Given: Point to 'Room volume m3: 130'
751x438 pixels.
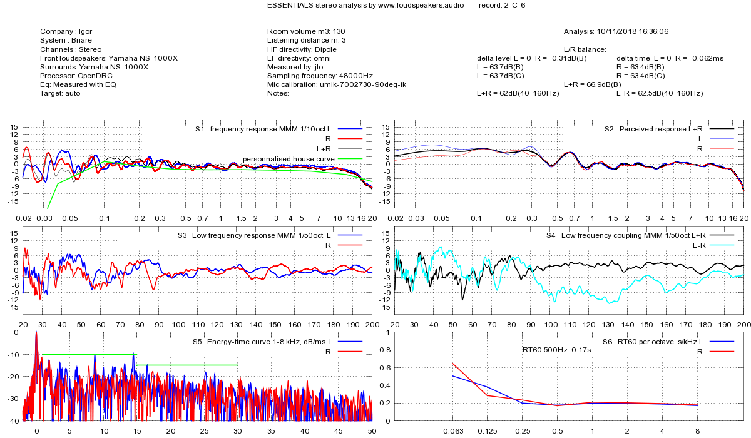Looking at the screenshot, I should point(306,31).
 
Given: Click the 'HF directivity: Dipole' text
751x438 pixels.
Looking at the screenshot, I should point(302,49).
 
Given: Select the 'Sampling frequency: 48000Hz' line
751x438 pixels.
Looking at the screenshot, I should point(320,75).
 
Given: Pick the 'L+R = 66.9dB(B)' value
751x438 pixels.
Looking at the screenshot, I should point(592,84).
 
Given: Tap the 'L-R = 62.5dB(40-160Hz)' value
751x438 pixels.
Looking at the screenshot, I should point(659,93).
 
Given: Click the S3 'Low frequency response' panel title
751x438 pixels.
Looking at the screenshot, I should point(260,235).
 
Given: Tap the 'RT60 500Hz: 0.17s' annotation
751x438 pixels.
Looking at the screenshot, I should point(557,350).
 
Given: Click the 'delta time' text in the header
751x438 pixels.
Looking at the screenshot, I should point(633,58).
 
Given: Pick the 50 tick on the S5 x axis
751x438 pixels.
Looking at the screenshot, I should point(372,431).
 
